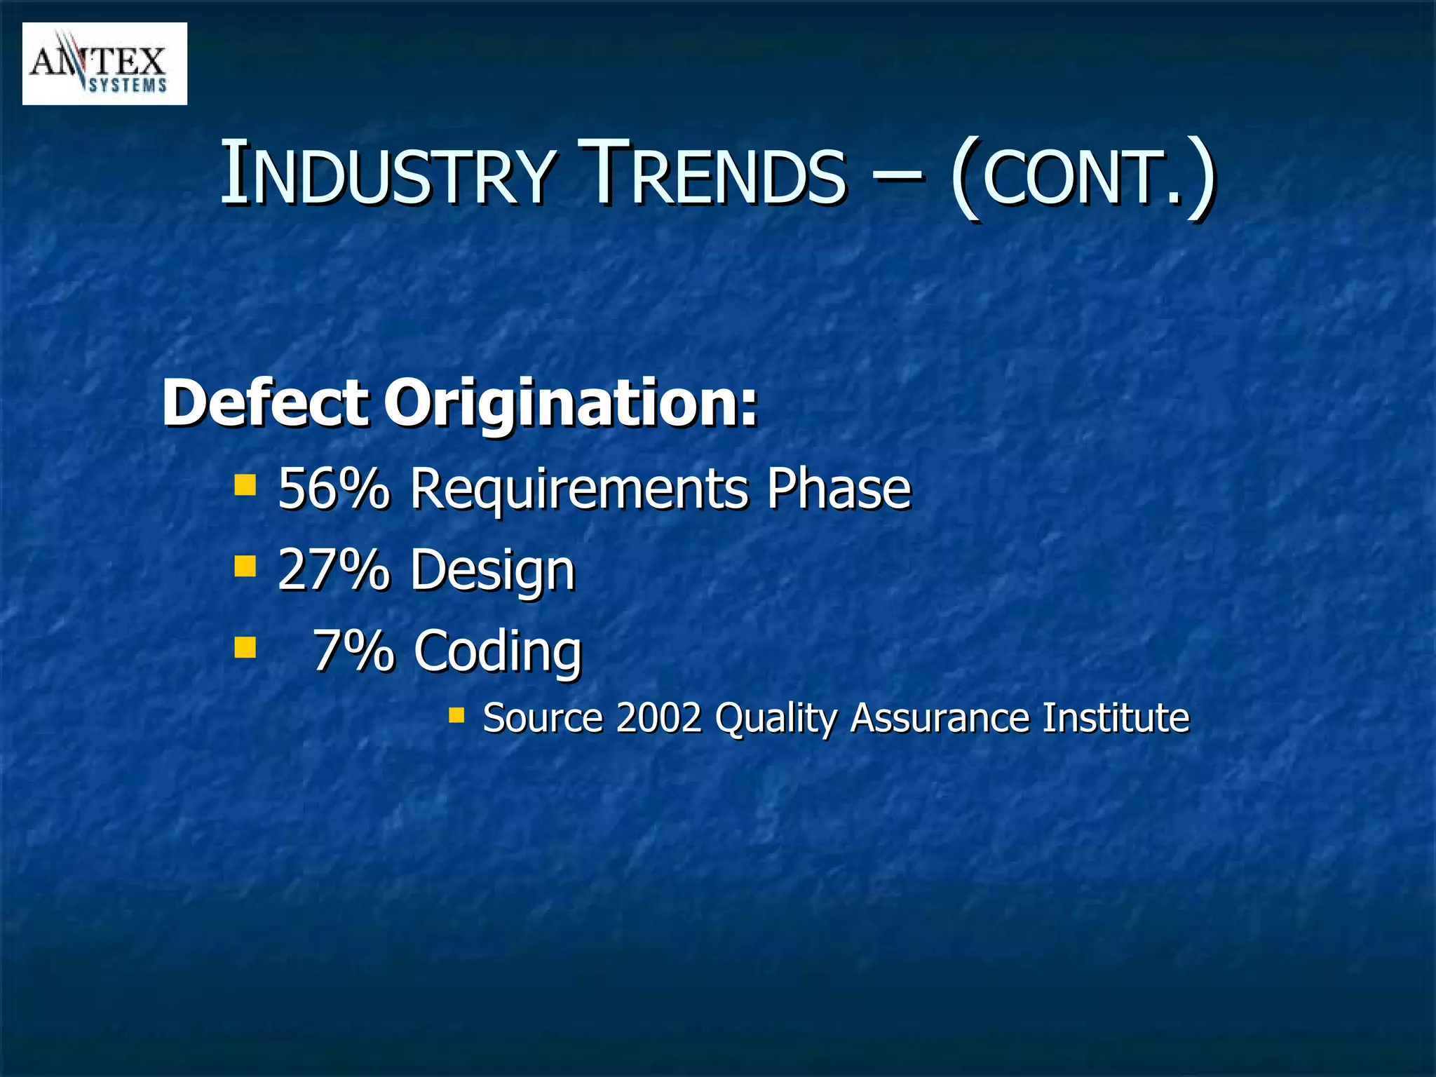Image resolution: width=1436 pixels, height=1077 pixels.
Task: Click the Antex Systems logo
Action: (104, 64)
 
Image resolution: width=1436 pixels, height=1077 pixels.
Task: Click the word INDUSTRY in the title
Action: (389, 175)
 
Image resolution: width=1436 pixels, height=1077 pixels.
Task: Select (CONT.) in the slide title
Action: (1083, 176)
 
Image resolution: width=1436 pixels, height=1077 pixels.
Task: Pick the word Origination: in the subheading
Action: (571, 405)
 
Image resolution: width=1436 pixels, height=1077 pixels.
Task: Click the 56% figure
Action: (333, 488)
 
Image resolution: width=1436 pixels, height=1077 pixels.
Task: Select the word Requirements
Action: (578, 489)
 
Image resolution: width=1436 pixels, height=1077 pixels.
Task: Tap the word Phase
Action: (838, 488)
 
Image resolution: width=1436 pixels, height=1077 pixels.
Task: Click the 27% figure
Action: (333, 569)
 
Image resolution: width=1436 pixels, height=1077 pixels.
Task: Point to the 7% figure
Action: (353, 650)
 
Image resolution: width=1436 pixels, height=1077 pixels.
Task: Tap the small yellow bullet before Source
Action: (456, 715)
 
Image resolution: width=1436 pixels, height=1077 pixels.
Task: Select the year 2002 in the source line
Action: (659, 718)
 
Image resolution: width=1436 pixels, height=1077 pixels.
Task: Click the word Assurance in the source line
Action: (939, 718)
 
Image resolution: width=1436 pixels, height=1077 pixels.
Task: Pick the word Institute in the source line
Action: (1116, 718)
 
